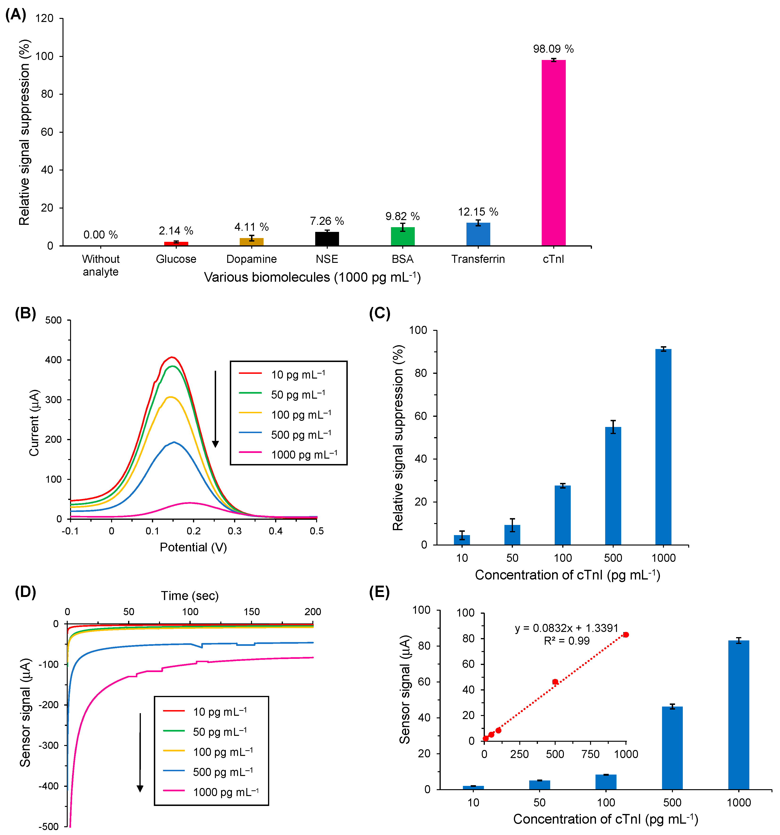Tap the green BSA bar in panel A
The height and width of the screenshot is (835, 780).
[402, 236]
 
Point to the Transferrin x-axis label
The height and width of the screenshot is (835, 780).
[478, 259]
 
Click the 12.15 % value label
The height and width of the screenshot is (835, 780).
[478, 212]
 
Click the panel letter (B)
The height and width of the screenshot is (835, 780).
[25, 313]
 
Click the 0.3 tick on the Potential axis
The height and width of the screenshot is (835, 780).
[235, 531]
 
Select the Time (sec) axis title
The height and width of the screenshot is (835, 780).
[190, 596]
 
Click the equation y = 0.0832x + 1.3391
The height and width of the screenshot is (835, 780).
[566, 628]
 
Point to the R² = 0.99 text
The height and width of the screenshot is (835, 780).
[566, 641]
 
